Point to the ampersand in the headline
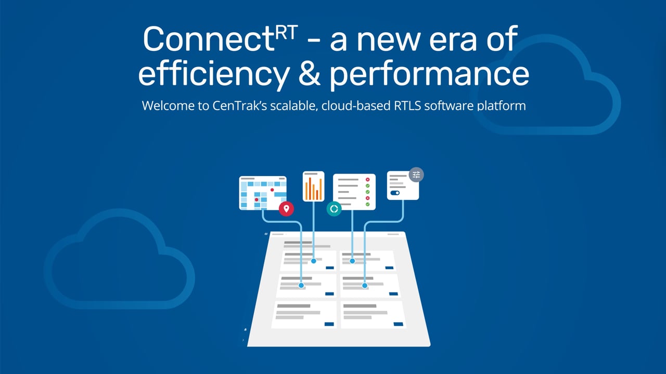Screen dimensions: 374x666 [x=309, y=74]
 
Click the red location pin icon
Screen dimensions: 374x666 [x=286, y=209]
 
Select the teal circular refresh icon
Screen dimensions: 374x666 [x=334, y=209]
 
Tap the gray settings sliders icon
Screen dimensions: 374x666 [x=416, y=175]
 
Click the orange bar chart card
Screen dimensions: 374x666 [x=313, y=186]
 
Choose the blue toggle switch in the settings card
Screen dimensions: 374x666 [x=395, y=193]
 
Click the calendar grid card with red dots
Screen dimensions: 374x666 [x=262, y=193]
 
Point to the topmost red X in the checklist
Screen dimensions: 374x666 [x=367, y=180]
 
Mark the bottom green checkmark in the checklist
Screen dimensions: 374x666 [x=367, y=205]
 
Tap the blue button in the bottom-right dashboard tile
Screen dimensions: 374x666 [x=399, y=324]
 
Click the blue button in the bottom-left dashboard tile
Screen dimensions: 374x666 [x=329, y=324]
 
